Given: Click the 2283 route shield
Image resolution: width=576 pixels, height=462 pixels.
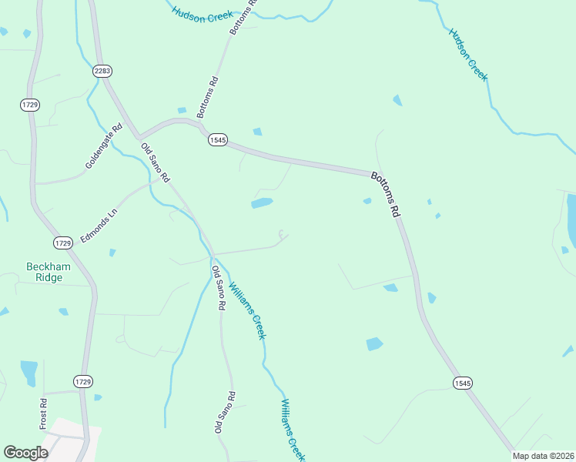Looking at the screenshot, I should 102,71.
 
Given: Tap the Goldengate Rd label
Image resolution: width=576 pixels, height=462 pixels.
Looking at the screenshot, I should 104,147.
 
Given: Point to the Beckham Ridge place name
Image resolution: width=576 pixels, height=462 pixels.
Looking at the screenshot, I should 48,273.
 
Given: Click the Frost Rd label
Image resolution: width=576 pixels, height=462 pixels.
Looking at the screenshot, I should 44,413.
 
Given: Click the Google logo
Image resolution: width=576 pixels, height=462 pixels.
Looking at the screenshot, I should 25,453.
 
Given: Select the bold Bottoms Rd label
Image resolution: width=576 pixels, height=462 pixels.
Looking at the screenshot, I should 387,196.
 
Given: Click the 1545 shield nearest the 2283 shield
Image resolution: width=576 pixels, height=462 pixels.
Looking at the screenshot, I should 218,139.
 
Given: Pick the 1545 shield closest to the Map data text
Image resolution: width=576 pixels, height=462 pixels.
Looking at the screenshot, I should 462,383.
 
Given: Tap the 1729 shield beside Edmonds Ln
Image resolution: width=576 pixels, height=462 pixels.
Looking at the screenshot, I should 63,243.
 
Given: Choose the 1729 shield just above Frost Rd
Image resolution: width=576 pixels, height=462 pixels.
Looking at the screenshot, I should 83,381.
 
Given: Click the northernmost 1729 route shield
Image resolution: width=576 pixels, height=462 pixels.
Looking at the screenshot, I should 30,104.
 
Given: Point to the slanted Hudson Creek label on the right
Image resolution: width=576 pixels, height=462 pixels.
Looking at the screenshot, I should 468,54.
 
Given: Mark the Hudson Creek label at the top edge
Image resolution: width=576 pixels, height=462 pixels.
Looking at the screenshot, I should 203,14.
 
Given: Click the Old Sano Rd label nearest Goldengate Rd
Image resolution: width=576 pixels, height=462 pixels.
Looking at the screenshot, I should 154,162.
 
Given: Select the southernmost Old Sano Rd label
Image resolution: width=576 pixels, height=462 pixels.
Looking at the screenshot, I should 225,413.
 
